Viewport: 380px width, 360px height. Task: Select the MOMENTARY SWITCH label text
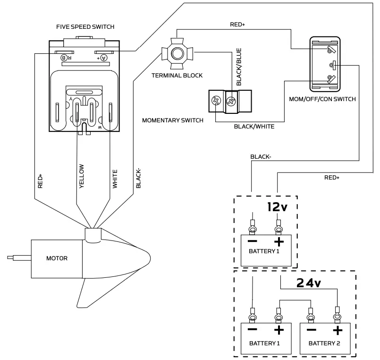coord(173,120)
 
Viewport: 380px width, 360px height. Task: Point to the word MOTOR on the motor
coord(57,258)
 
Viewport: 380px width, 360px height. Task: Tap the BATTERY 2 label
coord(324,343)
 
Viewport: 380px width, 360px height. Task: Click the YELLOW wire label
coord(82,176)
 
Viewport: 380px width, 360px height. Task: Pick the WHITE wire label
coord(115,179)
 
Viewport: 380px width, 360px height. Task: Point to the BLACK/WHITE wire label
coord(254,127)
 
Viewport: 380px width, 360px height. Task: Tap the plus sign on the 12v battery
coord(279,242)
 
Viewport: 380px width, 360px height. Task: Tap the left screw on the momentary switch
coord(217,100)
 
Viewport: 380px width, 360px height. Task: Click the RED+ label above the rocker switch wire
coord(237,24)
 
